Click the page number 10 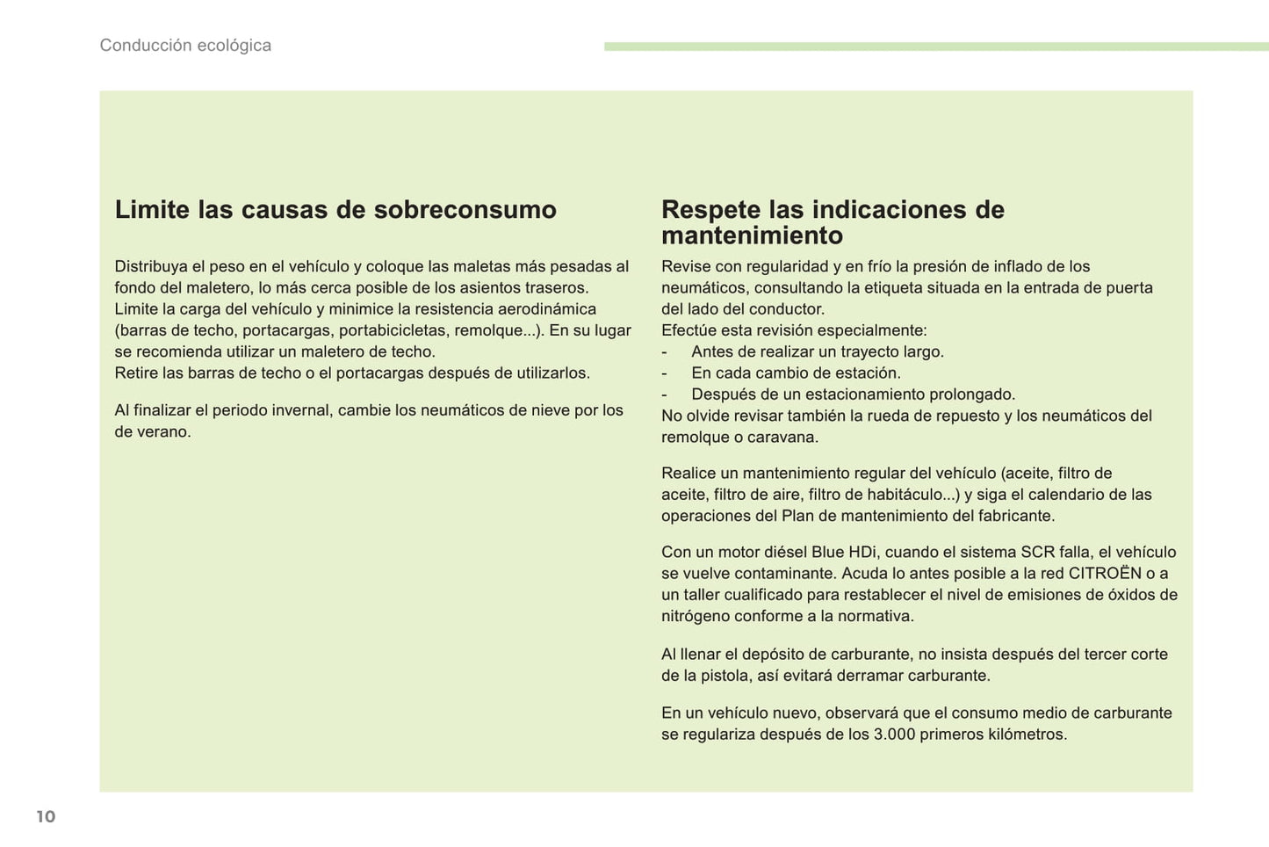pos(46,816)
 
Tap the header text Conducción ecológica pos(185,46)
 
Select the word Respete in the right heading pos(710,210)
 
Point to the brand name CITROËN pos(1105,574)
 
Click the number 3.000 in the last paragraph pos(894,735)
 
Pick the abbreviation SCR pos(1037,553)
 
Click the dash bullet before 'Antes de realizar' pos(665,352)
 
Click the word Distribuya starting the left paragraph pos(151,267)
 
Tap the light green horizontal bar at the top pos(935,46)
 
